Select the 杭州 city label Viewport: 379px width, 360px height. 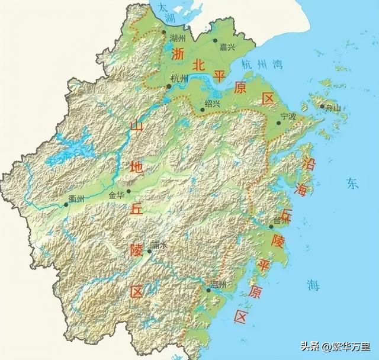179,79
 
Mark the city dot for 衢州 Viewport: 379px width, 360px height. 66,205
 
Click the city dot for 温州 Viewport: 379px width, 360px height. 209,290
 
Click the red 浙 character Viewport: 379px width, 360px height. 179,54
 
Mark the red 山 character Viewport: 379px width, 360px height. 136,126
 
